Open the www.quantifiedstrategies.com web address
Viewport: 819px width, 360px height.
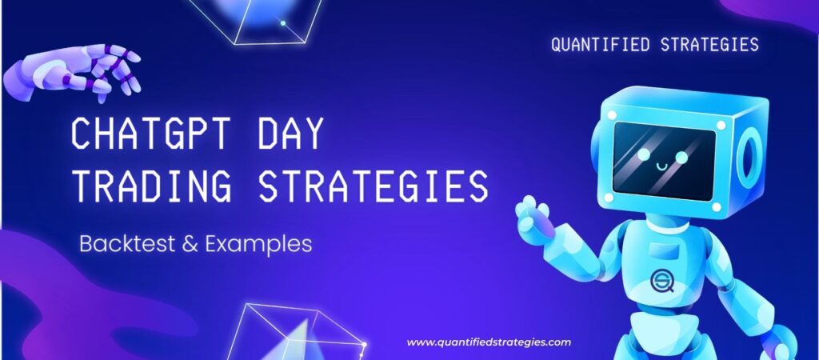pos(489,342)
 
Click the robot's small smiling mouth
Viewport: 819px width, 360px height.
pos(660,166)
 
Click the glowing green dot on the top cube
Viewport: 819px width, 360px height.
pos(282,23)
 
